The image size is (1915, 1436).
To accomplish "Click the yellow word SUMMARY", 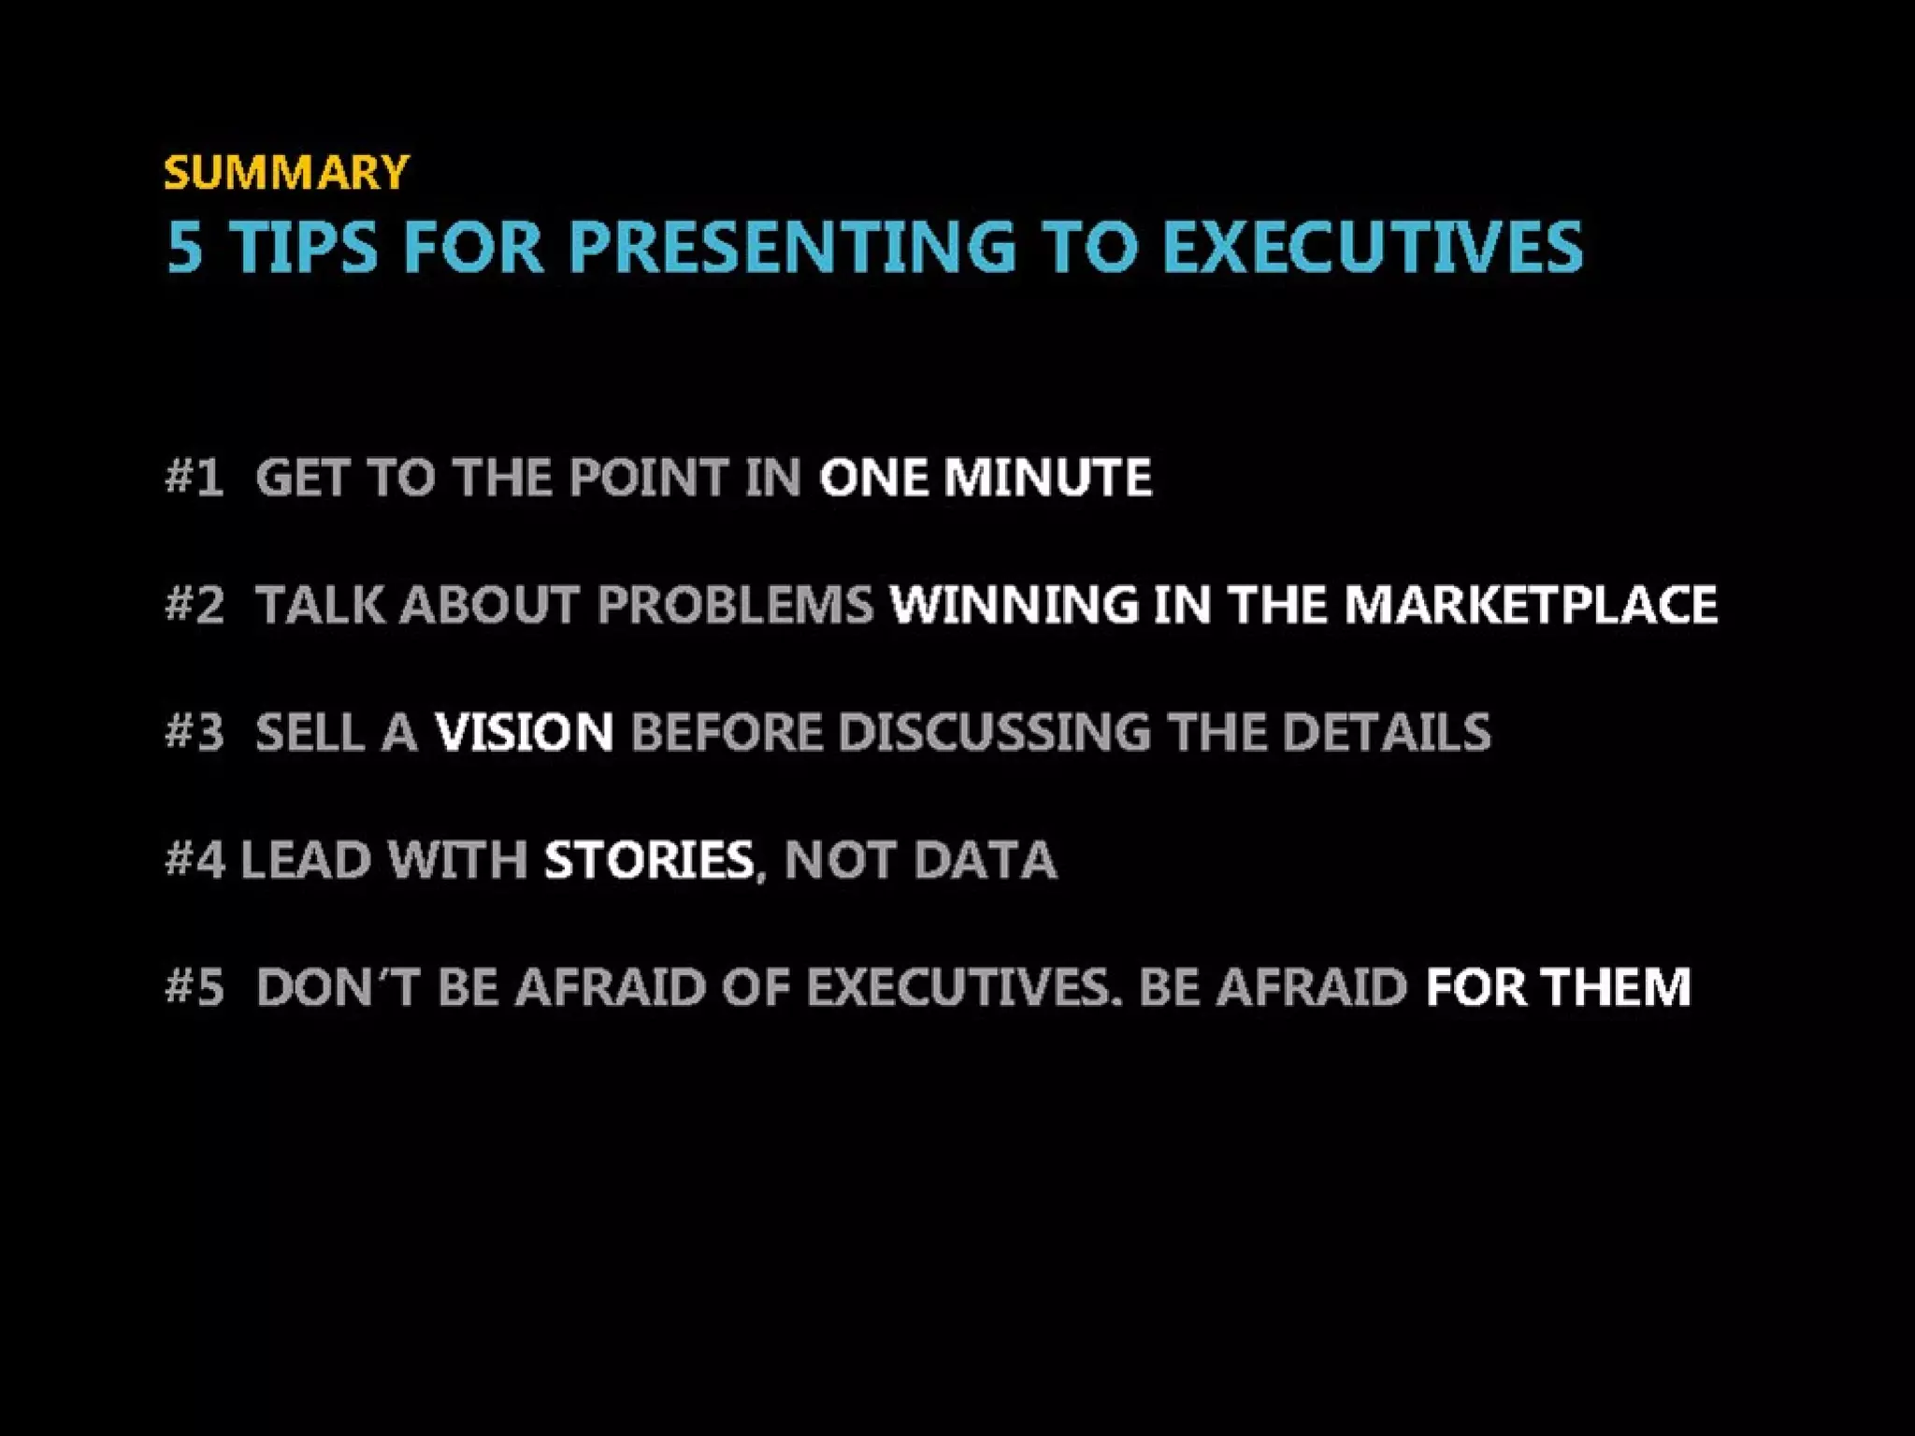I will tap(286, 172).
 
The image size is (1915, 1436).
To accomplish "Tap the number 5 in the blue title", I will tap(185, 247).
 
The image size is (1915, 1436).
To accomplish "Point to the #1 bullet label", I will tap(194, 478).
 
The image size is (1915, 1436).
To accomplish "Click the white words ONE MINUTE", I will tap(985, 478).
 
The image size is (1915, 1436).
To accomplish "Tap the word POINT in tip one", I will tap(649, 478).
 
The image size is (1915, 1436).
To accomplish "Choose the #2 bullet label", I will tap(194, 604).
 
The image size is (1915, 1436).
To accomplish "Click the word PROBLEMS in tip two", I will tap(735, 604).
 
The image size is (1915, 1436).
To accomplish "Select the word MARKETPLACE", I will tap(1531, 604).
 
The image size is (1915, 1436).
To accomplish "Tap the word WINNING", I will tap(1014, 604).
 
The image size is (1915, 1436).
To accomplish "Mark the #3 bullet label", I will tap(194, 731).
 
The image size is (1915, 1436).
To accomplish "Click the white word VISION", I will tap(524, 731).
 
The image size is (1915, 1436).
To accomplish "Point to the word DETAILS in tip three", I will tap(1386, 731).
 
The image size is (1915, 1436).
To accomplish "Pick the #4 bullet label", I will tap(194, 859).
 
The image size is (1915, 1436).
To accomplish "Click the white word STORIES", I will tap(649, 859).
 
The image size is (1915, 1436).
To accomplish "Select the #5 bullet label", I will tap(194, 987).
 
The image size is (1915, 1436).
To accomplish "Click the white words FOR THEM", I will tap(1558, 987).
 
